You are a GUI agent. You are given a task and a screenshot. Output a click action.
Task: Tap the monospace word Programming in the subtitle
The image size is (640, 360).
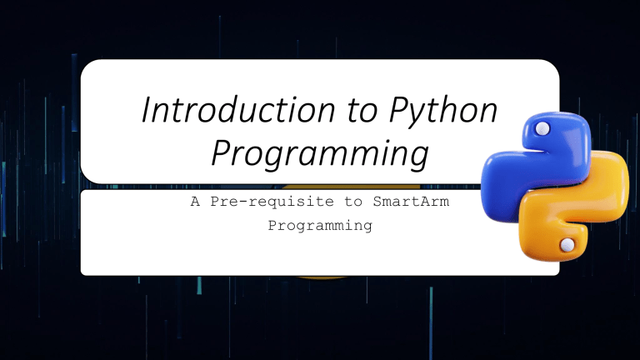319,225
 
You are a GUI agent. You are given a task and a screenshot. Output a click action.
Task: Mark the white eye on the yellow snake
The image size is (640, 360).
567,244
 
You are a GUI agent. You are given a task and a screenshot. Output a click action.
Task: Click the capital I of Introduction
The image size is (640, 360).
147,113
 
